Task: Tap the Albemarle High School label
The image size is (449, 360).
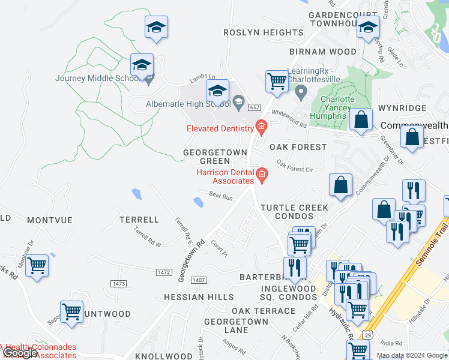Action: (180, 104)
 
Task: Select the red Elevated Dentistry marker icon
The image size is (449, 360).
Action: (261, 126)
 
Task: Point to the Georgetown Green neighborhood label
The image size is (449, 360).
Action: (215, 157)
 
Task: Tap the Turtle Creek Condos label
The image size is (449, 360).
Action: (294, 212)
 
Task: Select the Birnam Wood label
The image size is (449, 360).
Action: (323, 52)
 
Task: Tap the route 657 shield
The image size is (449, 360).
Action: (254, 106)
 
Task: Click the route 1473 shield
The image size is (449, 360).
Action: (119, 283)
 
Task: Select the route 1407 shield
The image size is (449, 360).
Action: (199, 280)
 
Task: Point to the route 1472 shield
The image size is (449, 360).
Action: (164, 272)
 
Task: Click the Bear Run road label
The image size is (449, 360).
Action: (220, 196)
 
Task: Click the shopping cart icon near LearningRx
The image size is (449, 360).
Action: (277, 80)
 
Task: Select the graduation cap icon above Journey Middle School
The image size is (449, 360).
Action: (156, 27)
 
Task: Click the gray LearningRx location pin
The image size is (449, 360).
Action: (301, 92)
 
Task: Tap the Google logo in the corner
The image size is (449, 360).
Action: (20, 353)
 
